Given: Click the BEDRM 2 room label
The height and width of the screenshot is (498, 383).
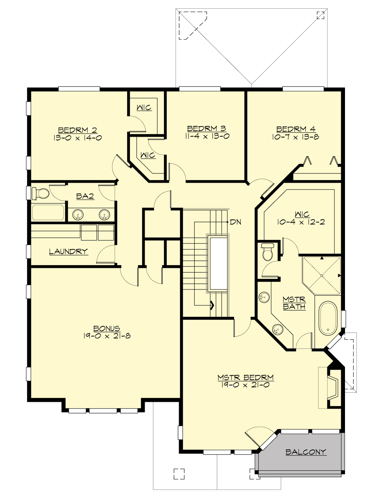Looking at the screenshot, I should point(78,130).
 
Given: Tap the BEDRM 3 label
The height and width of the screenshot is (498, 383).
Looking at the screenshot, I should point(207,129).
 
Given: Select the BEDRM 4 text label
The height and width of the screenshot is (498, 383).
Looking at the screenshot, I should point(296,129).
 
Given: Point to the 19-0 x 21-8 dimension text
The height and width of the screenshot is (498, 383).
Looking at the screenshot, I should point(107,336).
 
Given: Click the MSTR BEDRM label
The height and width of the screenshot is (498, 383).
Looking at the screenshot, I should point(245,378).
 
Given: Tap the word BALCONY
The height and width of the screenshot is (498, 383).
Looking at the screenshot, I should point(306,452).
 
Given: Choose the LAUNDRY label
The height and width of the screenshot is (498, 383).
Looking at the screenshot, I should point(68,252).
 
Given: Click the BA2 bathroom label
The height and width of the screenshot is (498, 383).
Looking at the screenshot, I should point(85,196).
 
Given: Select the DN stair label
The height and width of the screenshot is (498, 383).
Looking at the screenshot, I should point(236,222).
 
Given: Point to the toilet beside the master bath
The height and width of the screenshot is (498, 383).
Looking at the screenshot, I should point(267,252).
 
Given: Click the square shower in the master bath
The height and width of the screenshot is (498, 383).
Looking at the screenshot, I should point(322,275).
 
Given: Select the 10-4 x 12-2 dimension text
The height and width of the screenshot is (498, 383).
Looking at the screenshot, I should point(301,222).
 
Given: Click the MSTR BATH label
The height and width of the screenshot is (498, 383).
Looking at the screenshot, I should point(294,303).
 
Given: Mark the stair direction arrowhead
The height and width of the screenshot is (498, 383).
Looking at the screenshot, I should point(212,306).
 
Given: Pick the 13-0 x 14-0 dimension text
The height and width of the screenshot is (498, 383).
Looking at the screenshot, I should point(78,138).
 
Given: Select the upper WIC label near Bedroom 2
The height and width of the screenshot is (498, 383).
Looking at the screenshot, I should point(144,108).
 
